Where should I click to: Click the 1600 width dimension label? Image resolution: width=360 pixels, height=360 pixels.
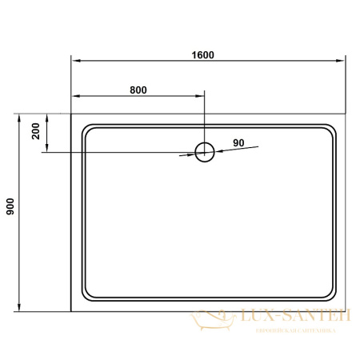click(x=203, y=54)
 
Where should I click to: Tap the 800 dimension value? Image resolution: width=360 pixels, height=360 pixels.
click(x=138, y=90)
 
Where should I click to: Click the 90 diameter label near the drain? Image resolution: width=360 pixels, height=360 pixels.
click(x=238, y=142)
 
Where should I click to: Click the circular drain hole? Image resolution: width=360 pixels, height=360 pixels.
click(x=205, y=152)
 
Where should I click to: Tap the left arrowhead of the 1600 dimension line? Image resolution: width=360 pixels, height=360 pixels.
click(x=76, y=61)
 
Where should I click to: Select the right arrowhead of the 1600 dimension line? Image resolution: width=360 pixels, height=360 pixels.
click(x=340, y=61)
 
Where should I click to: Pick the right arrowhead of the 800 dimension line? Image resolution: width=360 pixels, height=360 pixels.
click(x=201, y=96)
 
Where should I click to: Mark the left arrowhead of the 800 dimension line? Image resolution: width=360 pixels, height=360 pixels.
click(x=76, y=96)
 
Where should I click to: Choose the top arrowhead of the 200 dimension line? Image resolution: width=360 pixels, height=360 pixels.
click(x=47, y=118)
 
